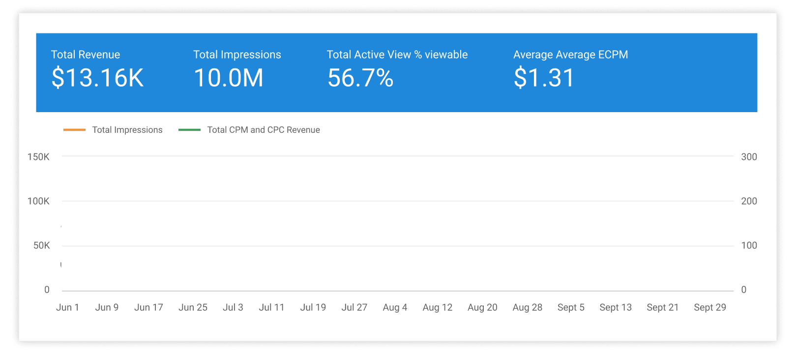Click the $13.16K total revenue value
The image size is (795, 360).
(97, 78)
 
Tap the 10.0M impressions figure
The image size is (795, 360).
(229, 78)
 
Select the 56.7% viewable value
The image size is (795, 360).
(360, 78)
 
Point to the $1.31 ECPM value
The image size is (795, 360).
(544, 78)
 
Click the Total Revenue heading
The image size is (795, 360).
(86, 55)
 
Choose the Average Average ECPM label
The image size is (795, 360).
(571, 55)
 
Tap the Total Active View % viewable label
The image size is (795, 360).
(397, 55)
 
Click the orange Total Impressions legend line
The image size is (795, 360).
(74, 130)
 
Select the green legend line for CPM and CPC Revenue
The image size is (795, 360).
(189, 130)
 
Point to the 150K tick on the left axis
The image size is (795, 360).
(38, 157)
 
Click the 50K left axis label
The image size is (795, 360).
(41, 245)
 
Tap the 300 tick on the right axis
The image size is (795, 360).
(749, 157)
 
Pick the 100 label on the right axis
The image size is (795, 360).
(749, 245)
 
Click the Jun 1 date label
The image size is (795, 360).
(67, 307)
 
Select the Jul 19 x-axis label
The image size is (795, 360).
(313, 307)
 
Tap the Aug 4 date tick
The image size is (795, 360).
(395, 307)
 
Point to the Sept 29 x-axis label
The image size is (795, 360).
(710, 307)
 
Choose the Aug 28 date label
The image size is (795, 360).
(527, 307)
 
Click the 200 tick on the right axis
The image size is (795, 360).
(749, 201)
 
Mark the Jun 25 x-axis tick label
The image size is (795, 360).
(193, 307)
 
